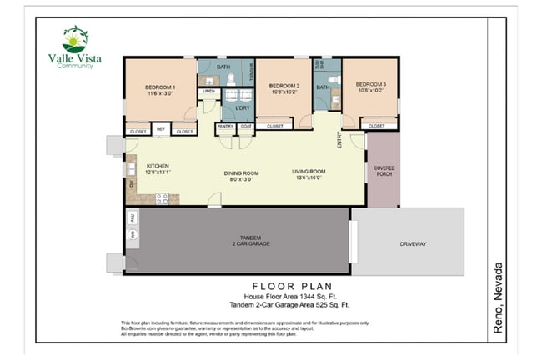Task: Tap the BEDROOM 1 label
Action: [159, 91]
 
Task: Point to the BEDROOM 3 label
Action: [370, 87]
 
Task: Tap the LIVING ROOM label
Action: [308, 175]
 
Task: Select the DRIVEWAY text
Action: [413, 243]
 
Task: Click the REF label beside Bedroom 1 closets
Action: [162, 132]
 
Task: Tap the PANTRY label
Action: [225, 126]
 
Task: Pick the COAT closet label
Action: [245, 126]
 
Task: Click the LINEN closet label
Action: [208, 91]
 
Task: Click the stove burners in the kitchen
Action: [162, 198]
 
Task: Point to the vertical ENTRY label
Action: [339, 141]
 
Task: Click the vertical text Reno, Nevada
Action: [498, 297]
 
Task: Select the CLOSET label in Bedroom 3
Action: [377, 126]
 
